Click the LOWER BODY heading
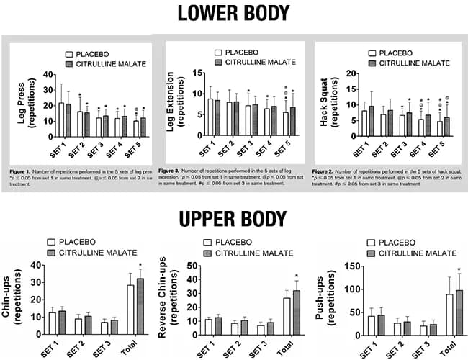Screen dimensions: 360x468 tap(234, 13)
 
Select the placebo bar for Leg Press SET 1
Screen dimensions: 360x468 tap(62, 120)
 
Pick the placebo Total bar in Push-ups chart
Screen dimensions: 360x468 tap(430, 315)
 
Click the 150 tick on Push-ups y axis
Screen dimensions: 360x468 tap(351, 267)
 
